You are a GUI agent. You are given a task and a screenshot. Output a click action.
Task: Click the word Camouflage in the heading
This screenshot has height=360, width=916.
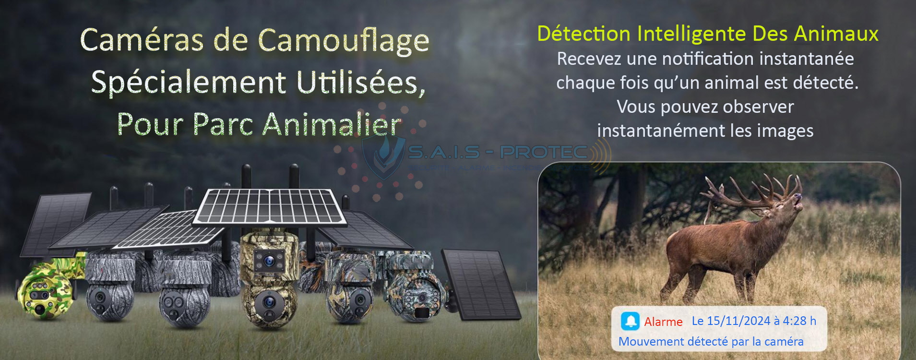pos(344,40)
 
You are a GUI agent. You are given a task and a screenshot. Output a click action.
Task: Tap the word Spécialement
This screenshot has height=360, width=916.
pos(188,82)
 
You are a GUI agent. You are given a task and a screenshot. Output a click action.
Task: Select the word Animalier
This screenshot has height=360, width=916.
pos(332,124)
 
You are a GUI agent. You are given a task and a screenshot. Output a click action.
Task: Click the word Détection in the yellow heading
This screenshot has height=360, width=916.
pos(583,34)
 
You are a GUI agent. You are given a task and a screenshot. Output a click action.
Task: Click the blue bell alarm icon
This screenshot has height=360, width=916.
pos(630,321)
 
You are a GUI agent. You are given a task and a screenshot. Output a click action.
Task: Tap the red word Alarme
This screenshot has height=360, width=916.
pos(663,322)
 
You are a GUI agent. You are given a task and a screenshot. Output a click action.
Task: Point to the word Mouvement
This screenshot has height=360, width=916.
pos(651,341)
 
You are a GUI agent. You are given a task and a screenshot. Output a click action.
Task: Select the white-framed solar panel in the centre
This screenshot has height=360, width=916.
pos(270,206)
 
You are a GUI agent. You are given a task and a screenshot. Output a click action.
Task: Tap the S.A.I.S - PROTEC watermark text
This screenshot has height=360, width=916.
pos(497,153)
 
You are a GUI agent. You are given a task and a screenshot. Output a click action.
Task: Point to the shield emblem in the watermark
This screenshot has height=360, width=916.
pos(382,156)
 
